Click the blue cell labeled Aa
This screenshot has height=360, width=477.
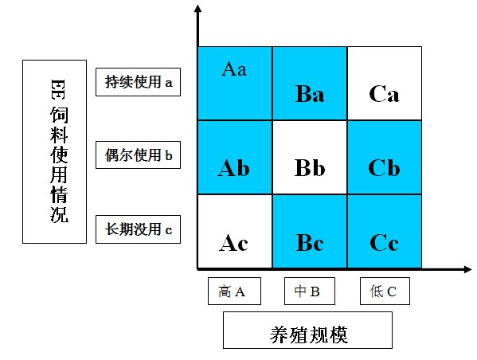(235, 84)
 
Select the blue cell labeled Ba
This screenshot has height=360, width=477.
(310, 84)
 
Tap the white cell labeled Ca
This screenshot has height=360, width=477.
(385, 84)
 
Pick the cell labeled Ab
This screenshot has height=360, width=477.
(235, 158)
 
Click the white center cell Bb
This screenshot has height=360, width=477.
(310, 158)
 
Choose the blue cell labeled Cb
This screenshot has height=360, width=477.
(385, 158)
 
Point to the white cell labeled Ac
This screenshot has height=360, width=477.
(235, 232)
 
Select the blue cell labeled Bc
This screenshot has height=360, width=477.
(310, 232)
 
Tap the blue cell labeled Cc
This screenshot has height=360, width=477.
(385, 232)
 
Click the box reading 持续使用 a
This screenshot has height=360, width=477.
(138, 82)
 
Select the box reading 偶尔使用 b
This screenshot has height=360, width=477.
(138, 155)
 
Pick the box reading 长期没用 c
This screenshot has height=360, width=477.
(138, 229)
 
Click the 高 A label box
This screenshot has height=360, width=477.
(234, 291)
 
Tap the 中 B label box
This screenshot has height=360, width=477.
(310, 291)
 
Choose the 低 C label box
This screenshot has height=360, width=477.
(385, 291)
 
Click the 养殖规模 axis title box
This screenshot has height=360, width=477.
(307, 331)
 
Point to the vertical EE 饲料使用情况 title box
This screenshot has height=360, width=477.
(54, 151)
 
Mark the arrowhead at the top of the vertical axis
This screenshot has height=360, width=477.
(198, 8)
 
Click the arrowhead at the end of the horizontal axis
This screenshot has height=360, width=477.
(468, 269)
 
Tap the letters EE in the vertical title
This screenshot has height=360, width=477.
(58, 89)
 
